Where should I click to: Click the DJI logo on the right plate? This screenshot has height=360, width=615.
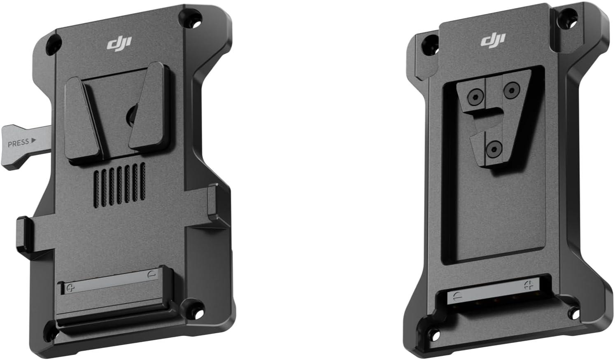point(493,41)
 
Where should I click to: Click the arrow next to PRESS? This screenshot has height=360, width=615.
point(33,140)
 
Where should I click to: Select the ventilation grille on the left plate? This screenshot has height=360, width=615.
point(119,185)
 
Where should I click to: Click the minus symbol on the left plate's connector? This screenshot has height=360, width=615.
point(152,274)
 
